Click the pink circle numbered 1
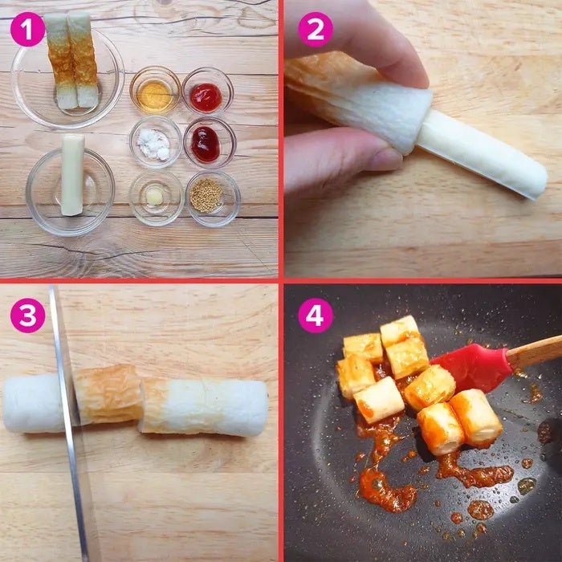(27, 29)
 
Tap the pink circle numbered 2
(316, 30)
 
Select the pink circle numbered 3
(27, 316)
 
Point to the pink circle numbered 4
(316, 316)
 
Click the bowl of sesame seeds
(213, 198)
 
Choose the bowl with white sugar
(155, 142)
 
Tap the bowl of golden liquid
(155, 90)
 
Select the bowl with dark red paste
(210, 143)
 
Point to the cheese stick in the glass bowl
(73, 175)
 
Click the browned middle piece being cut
(108, 393)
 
